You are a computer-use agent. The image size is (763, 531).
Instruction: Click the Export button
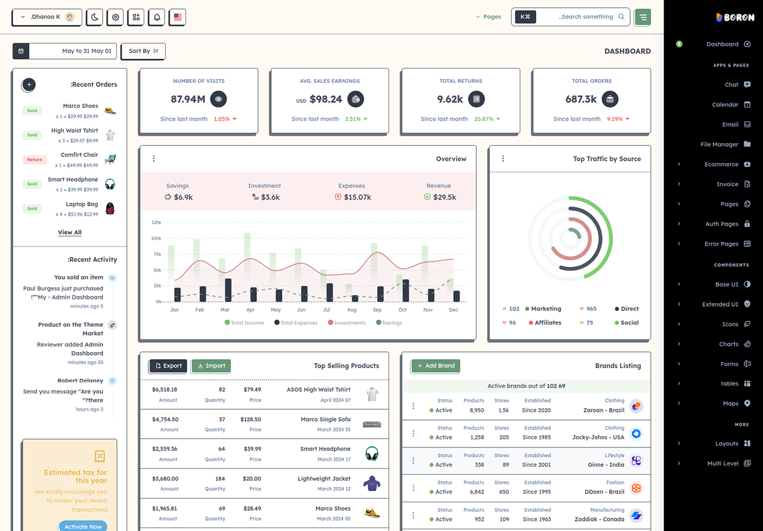(x=168, y=366)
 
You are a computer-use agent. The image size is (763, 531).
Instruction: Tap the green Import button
(x=211, y=366)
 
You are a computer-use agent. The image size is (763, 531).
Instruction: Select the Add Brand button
(x=436, y=366)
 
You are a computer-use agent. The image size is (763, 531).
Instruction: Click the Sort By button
(x=144, y=51)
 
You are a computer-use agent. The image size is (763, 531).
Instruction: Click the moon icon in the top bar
(x=95, y=17)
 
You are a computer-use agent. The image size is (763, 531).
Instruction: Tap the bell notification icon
(x=157, y=17)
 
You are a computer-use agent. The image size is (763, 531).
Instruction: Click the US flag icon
(x=178, y=17)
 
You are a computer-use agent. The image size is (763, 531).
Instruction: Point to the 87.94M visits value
(x=188, y=99)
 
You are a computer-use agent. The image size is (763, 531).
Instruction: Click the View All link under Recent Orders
(x=70, y=233)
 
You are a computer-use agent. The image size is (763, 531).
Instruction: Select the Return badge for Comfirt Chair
(x=35, y=159)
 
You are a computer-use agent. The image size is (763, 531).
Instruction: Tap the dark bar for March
(x=228, y=290)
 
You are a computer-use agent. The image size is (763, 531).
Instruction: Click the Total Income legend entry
(x=244, y=323)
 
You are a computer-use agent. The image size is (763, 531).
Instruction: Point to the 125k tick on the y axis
(x=156, y=223)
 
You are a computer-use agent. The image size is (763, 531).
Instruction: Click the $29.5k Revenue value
(x=445, y=197)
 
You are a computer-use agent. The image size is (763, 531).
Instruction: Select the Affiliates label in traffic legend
(x=548, y=323)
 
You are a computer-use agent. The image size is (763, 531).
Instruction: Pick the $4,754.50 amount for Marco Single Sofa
(x=165, y=419)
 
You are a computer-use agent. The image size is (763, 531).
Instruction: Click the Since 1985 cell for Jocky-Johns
(x=536, y=437)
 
